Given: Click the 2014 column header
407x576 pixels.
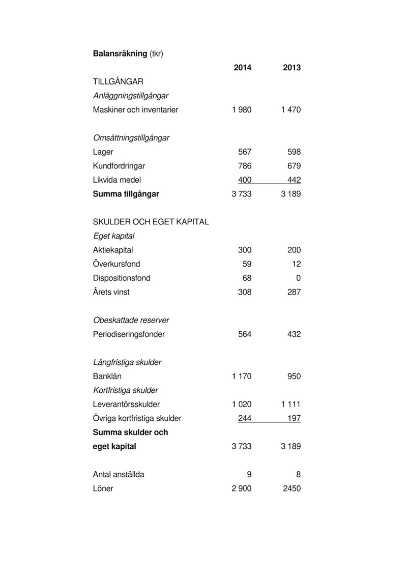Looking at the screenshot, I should (x=242, y=68).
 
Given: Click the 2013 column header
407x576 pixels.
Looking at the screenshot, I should (x=292, y=68).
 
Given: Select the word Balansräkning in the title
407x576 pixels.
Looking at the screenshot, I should (x=120, y=53).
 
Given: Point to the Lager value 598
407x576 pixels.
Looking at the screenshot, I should (x=294, y=152).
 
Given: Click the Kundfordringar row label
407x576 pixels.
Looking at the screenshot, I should (x=119, y=166).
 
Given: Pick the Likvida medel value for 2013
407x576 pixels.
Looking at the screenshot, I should (x=294, y=180).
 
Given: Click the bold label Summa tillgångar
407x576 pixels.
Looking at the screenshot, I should (x=126, y=194).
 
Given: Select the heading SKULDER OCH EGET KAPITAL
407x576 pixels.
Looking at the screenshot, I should (x=151, y=222).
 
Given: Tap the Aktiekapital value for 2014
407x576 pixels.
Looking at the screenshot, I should (x=245, y=250).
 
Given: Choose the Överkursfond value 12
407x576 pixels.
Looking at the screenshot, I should (x=296, y=265).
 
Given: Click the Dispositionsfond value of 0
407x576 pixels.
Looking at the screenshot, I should (x=298, y=278).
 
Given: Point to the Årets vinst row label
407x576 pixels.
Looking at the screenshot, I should (x=111, y=293).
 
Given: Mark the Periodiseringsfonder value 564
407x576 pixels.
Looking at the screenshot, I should (x=245, y=335).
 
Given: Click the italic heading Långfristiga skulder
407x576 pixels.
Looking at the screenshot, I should (x=127, y=363).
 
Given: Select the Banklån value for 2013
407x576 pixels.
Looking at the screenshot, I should (x=294, y=377).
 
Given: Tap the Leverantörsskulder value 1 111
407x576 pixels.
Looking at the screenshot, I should (x=290, y=405).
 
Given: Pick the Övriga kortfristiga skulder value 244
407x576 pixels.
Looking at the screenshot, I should (x=245, y=419).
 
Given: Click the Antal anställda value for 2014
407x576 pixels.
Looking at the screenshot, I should (x=249, y=475).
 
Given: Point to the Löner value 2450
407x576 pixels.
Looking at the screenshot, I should (x=290, y=489).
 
